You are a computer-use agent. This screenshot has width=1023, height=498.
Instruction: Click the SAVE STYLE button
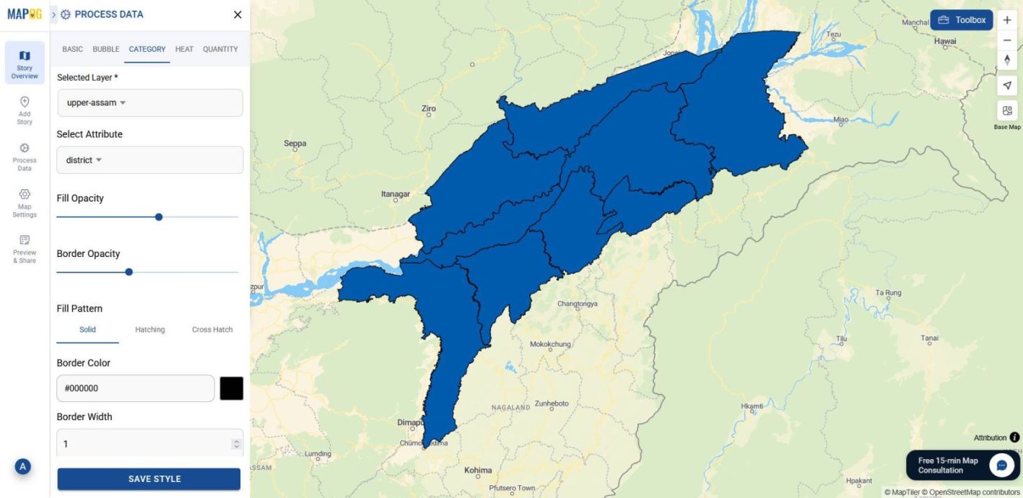coord(149,479)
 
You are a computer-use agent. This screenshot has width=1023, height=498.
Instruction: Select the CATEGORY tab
coord(147,49)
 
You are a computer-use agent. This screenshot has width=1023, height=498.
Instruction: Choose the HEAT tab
coord(184,49)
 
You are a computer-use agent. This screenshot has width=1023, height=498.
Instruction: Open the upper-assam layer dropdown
coord(149,102)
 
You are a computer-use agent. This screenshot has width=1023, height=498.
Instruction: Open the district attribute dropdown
coord(149,160)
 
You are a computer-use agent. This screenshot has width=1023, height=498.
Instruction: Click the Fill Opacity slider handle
coord(159,217)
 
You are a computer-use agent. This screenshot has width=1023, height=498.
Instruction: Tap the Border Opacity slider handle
coord(129,272)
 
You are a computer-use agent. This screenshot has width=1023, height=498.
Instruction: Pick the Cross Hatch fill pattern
coord(212,330)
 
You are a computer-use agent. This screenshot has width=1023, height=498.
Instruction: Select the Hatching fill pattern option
coord(150,330)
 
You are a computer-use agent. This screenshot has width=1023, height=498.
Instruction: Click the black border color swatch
coord(232,388)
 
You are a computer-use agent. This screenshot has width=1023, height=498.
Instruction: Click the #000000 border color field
coord(136,388)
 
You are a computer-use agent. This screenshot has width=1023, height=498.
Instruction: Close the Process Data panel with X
coord(238,14)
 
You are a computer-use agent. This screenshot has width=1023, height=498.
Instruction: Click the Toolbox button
coord(962,20)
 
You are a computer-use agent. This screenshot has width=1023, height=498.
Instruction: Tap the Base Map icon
coord(1007,111)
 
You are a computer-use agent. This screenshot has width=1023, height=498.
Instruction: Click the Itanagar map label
coord(395,194)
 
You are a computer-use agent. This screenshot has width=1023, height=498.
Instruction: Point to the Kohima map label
coord(478,471)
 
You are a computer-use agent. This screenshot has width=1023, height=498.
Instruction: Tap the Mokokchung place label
coord(550,344)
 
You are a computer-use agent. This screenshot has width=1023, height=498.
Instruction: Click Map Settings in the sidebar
coord(25,202)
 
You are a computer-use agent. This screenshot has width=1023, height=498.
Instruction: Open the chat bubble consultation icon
coord(1001,466)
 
